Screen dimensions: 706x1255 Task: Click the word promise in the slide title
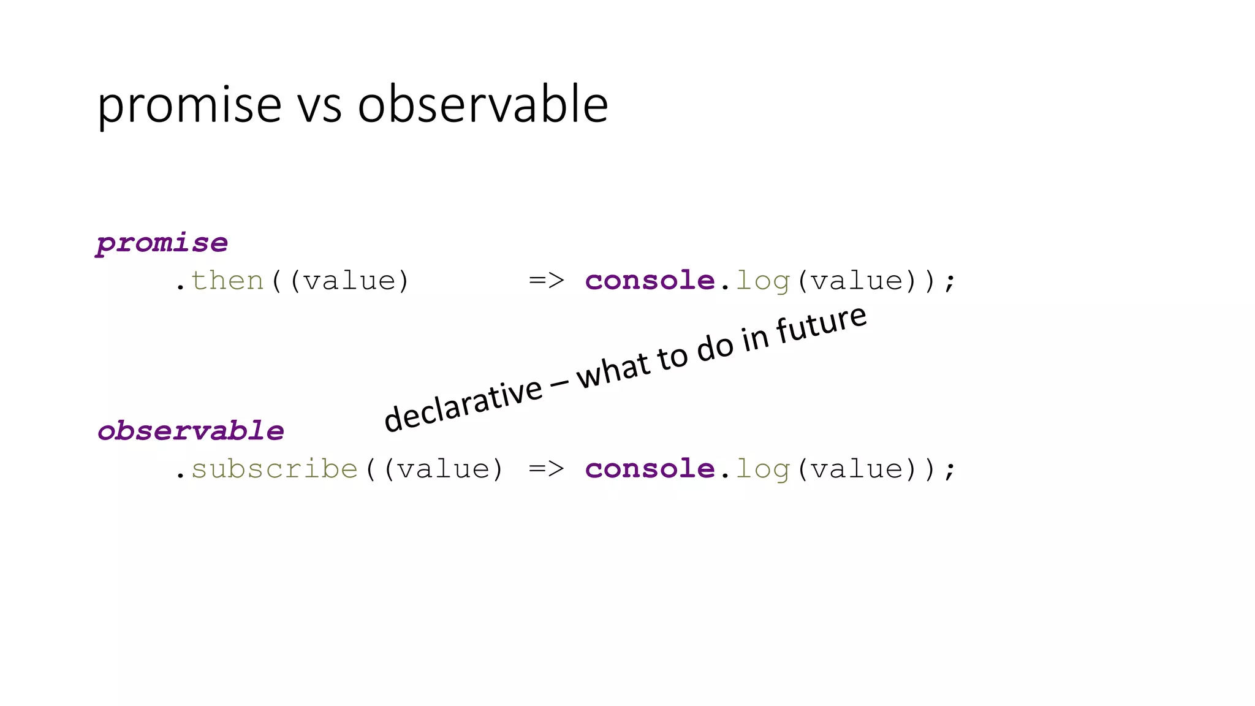pyautogui.click(x=189, y=105)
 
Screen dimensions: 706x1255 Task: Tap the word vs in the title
pyautogui.click(x=319, y=105)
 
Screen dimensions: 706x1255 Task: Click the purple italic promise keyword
pyautogui.click(x=162, y=243)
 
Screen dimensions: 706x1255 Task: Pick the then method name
pyautogui.click(x=227, y=281)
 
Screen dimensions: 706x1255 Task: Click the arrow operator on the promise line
pyautogui.click(x=546, y=281)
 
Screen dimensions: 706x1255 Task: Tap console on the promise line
pyautogui.click(x=650, y=281)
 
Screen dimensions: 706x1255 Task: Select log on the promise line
pyautogui.click(x=762, y=281)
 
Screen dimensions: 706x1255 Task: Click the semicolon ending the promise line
pyautogui.click(x=950, y=282)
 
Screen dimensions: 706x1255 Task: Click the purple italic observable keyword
pyautogui.click(x=191, y=431)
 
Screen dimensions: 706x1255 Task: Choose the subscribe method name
pyautogui.click(x=275, y=469)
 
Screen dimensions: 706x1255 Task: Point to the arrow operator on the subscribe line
pyautogui.click(x=546, y=469)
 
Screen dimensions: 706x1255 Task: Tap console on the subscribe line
pyautogui.click(x=650, y=469)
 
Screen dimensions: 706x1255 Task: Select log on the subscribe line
pyautogui.click(x=762, y=469)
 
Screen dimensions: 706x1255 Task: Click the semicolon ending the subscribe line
pyautogui.click(x=950, y=470)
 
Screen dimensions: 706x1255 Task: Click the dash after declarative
pyautogui.click(x=559, y=385)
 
